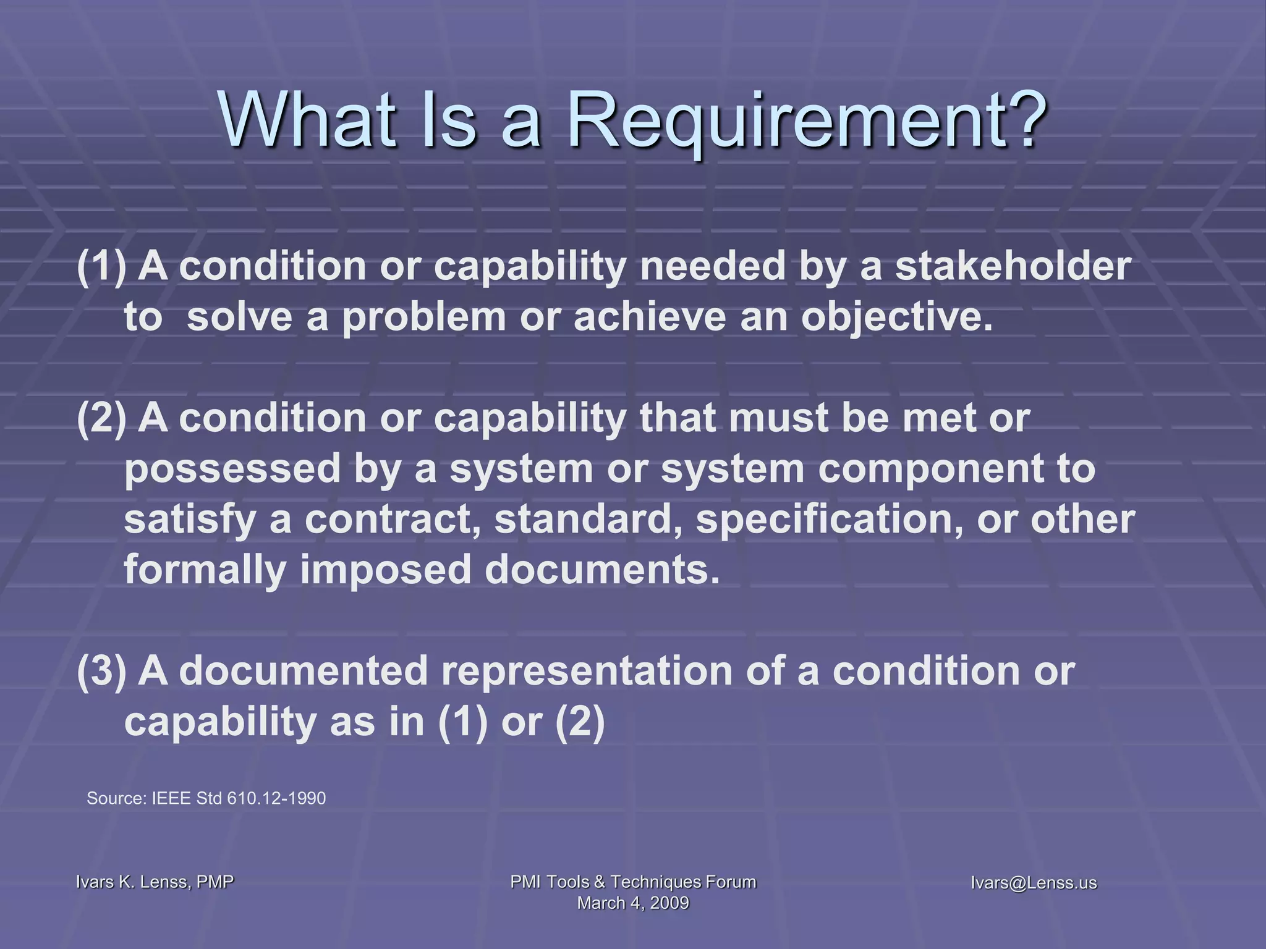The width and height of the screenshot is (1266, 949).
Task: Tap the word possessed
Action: click(232, 468)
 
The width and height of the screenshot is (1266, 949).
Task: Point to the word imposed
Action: click(386, 570)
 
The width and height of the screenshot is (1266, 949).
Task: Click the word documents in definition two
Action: click(603, 569)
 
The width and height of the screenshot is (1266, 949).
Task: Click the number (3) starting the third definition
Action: click(101, 671)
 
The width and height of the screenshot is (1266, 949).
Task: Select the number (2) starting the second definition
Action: click(101, 418)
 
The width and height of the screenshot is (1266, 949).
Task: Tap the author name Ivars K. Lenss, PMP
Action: click(155, 882)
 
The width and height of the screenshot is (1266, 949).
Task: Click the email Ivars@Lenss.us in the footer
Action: click(1034, 883)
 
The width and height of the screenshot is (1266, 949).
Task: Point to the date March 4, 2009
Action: click(633, 903)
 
